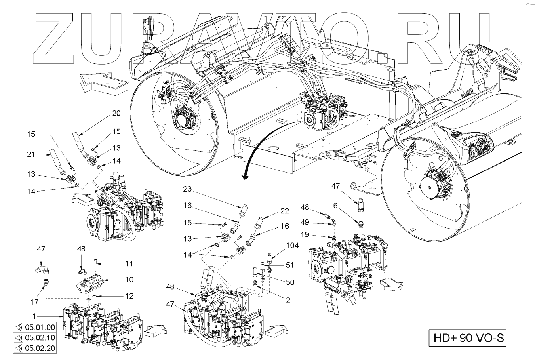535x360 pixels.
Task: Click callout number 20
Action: [116, 114]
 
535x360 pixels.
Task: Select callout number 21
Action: [31, 154]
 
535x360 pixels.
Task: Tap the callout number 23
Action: [187, 189]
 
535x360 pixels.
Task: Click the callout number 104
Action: [293, 246]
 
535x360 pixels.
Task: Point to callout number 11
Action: [129, 264]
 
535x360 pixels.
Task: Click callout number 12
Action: [129, 296]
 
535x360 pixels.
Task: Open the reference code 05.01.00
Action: [40, 328]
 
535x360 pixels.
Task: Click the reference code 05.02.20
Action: [40, 349]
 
